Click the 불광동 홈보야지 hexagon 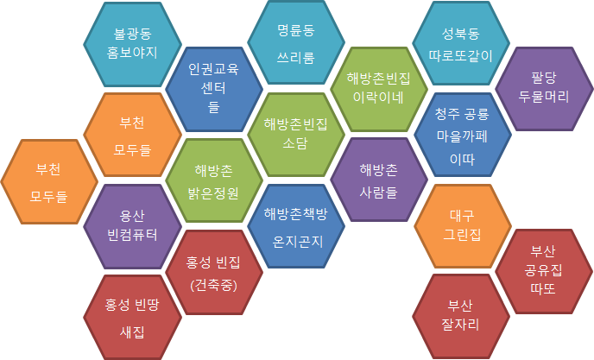pyautogui.click(x=132, y=44)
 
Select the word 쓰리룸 pyautogui.click(x=296, y=58)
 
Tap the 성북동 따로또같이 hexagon pyautogui.click(x=461, y=43)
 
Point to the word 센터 pyautogui.click(x=213, y=88)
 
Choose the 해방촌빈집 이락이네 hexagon pyautogui.click(x=379, y=89)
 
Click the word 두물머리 pyautogui.click(x=544, y=97)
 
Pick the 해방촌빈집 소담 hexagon pyautogui.click(x=296, y=135)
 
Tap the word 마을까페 pyautogui.click(x=462, y=136)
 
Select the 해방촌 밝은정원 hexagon pyautogui.click(x=214, y=180)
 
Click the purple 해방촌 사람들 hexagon pyautogui.click(x=379, y=180)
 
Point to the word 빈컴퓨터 pyautogui.click(x=132, y=235)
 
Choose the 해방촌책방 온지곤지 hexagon pyautogui.click(x=296, y=226)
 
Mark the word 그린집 pyautogui.click(x=462, y=235)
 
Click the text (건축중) pyautogui.click(x=214, y=285)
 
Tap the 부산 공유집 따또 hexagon pyautogui.click(x=544, y=271)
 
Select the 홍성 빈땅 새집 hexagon pyautogui.click(x=132, y=318)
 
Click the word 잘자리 pyautogui.click(x=461, y=325)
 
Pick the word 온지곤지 pyautogui.click(x=297, y=242)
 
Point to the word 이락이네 pyautogui.click(x=378, y=98)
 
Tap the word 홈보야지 pyautogui.click(x=132, y=53)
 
